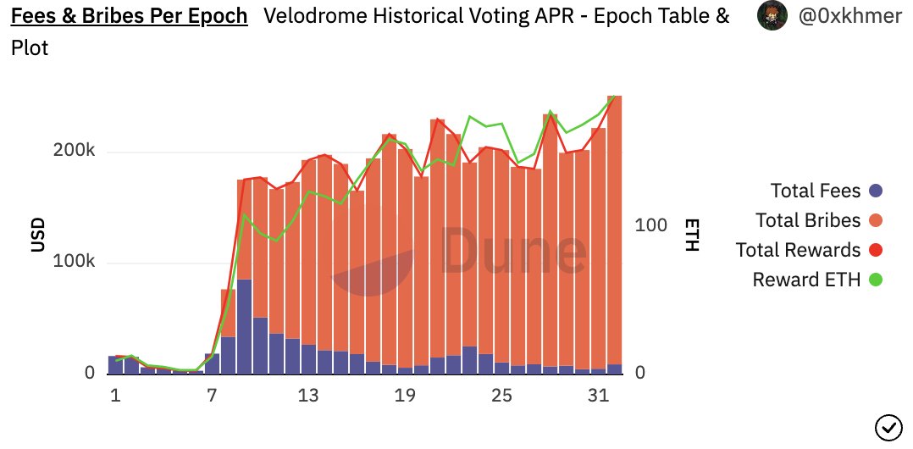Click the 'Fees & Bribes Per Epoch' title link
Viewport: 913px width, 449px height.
tap(129, 16)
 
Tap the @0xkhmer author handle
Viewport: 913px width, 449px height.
tap(849, 16)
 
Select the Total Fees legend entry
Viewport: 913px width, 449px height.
tap(816, 191)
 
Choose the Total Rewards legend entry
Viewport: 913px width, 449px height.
tap(799, 250)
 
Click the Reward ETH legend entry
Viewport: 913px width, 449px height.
tap(805, 279)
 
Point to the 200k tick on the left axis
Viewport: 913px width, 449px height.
tap(75, 151)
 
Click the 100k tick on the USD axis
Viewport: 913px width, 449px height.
tap(75, 262)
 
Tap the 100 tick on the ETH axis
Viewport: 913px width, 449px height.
tap(651, 225)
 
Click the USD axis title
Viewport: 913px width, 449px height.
tap(38, 235)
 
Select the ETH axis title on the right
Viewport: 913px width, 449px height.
tap(692, 235)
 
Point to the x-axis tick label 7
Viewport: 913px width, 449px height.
tap(212, 396)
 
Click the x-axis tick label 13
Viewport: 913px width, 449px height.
tap(309, 396)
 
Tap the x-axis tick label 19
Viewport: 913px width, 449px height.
tap(406, 396)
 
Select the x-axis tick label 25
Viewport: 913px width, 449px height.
tap(502, 396)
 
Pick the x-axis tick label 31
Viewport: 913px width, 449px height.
tap(599, 396)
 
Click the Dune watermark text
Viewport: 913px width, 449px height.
tap(513, 252)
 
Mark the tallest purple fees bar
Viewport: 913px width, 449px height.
tap(244, 326)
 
